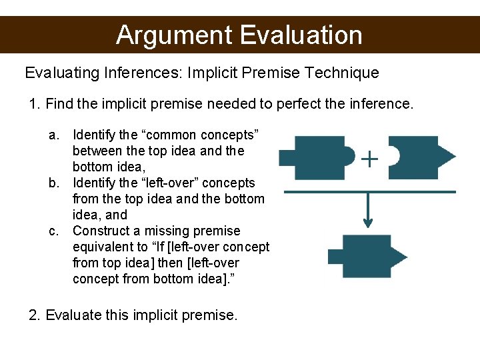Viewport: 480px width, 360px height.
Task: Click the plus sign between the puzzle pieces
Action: coord(369,159)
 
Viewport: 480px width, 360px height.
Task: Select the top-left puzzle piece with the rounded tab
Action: coord(313,157)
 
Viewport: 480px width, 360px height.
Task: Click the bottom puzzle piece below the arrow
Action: coord(365,257)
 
